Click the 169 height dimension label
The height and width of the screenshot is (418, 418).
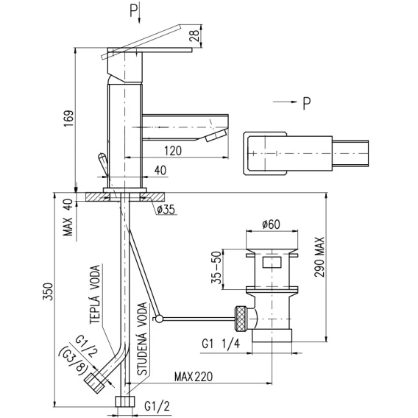coord(68,118)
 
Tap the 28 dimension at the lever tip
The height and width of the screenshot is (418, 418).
coord(194,36)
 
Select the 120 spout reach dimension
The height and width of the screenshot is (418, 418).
coord(173,151)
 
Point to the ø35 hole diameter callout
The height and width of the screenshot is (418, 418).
coord(166,210)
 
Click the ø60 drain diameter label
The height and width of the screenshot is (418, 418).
coord(271,224)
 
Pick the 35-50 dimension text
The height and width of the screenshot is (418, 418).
coord(216,267)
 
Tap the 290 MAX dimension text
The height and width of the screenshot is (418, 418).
coord(319,258)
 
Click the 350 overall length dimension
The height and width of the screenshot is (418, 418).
coord(49,291)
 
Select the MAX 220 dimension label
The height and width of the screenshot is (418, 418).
coord(194,377)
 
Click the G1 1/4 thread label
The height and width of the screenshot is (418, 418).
coord(221,344)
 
